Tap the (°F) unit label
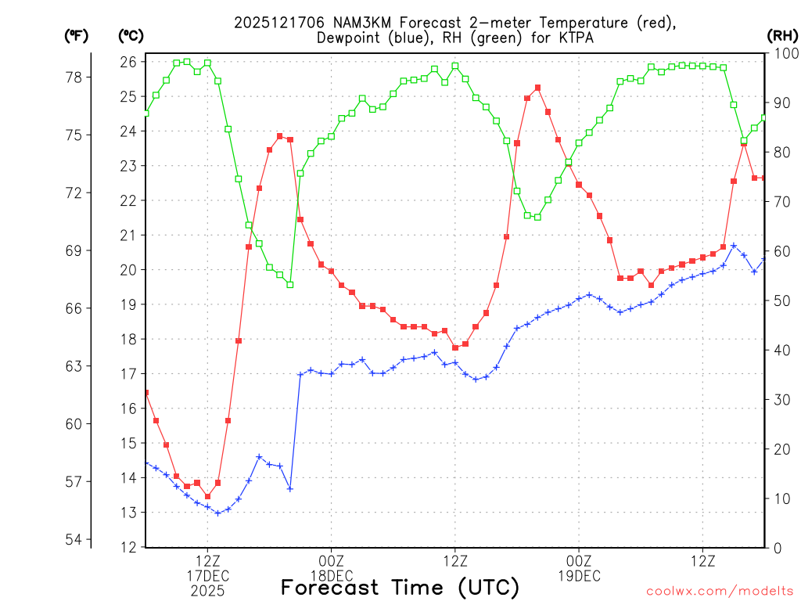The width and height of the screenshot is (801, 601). (x=77, y=35)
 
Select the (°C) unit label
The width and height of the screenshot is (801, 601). (x=131, y=35)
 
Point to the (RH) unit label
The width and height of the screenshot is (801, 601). (x=781, y=35)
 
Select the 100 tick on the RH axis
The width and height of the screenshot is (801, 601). (x=784, y=53)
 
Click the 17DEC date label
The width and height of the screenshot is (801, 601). (x=207, y=577)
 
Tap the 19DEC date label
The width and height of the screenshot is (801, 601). (x=579, y=577)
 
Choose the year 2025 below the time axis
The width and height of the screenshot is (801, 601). (x=207, y=592)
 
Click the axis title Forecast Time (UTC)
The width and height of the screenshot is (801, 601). (x=400, y=587)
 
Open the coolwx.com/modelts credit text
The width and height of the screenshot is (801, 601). (x=720, y=589)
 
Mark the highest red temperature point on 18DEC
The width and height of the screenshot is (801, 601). (x=537, y=88)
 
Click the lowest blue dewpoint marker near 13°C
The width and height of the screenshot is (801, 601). (x=217, y=513)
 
